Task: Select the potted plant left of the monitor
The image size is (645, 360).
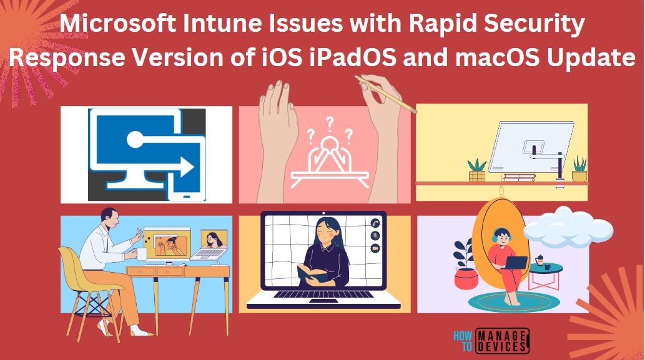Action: point(477,170)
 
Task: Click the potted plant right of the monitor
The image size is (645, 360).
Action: point(579,169)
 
